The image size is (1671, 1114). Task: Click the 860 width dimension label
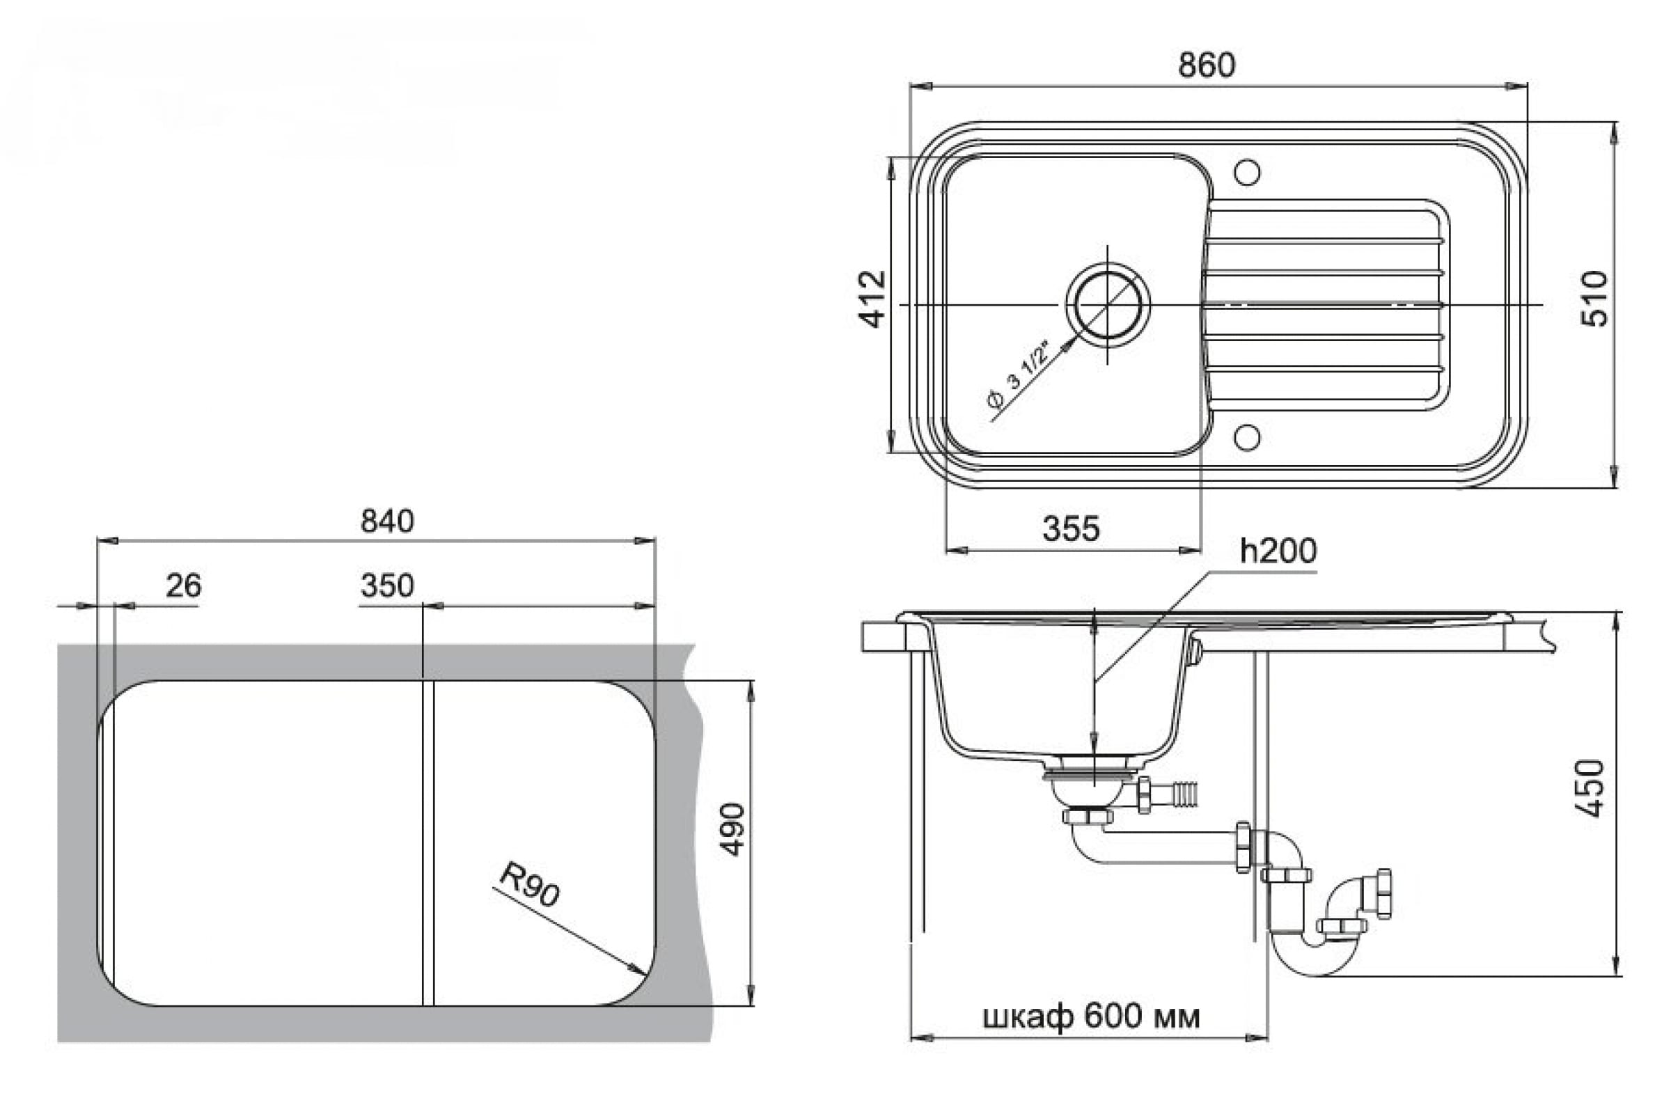[x=1207, y=65]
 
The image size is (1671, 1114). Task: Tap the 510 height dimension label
[x=1594, y=299]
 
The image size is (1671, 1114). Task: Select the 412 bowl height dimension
[x=873, y=299]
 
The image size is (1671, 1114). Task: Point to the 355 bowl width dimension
[x=1071, y=528]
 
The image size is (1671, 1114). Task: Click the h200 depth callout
[x=1278, y=551]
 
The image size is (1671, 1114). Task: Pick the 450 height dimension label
[x=1591, y=789]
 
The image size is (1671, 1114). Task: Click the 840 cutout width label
[x=387, y=521]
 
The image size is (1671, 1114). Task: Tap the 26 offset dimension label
[x=183, y=585]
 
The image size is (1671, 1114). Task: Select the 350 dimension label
[x=387, y=586]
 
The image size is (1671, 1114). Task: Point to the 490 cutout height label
[x=732, y=829]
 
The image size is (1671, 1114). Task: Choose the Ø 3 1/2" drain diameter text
[x=1019, y=376]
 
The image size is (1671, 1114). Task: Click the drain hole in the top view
[x=1108, y=305]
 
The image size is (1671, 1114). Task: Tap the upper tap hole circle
[x=1247, y=173]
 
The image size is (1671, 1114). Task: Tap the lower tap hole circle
[x=1247, y=438]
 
